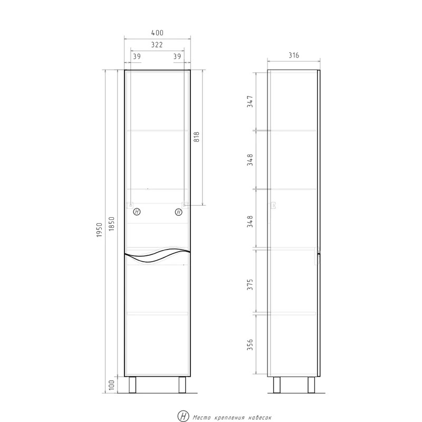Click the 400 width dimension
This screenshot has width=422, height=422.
click(157, 33)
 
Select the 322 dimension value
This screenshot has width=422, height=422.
click(157, 45)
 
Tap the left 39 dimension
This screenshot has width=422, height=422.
click(137, 56)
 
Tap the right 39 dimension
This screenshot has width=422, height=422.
click(177, 56)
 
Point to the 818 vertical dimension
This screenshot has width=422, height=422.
click(197, 137)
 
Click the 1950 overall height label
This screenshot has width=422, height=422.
click(100, 230)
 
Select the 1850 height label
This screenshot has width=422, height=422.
click(112, 224)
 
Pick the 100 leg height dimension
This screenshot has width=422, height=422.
click(112, 385)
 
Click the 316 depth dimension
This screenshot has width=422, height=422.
click(294, 55)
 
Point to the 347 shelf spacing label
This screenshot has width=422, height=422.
click(250, 101)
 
